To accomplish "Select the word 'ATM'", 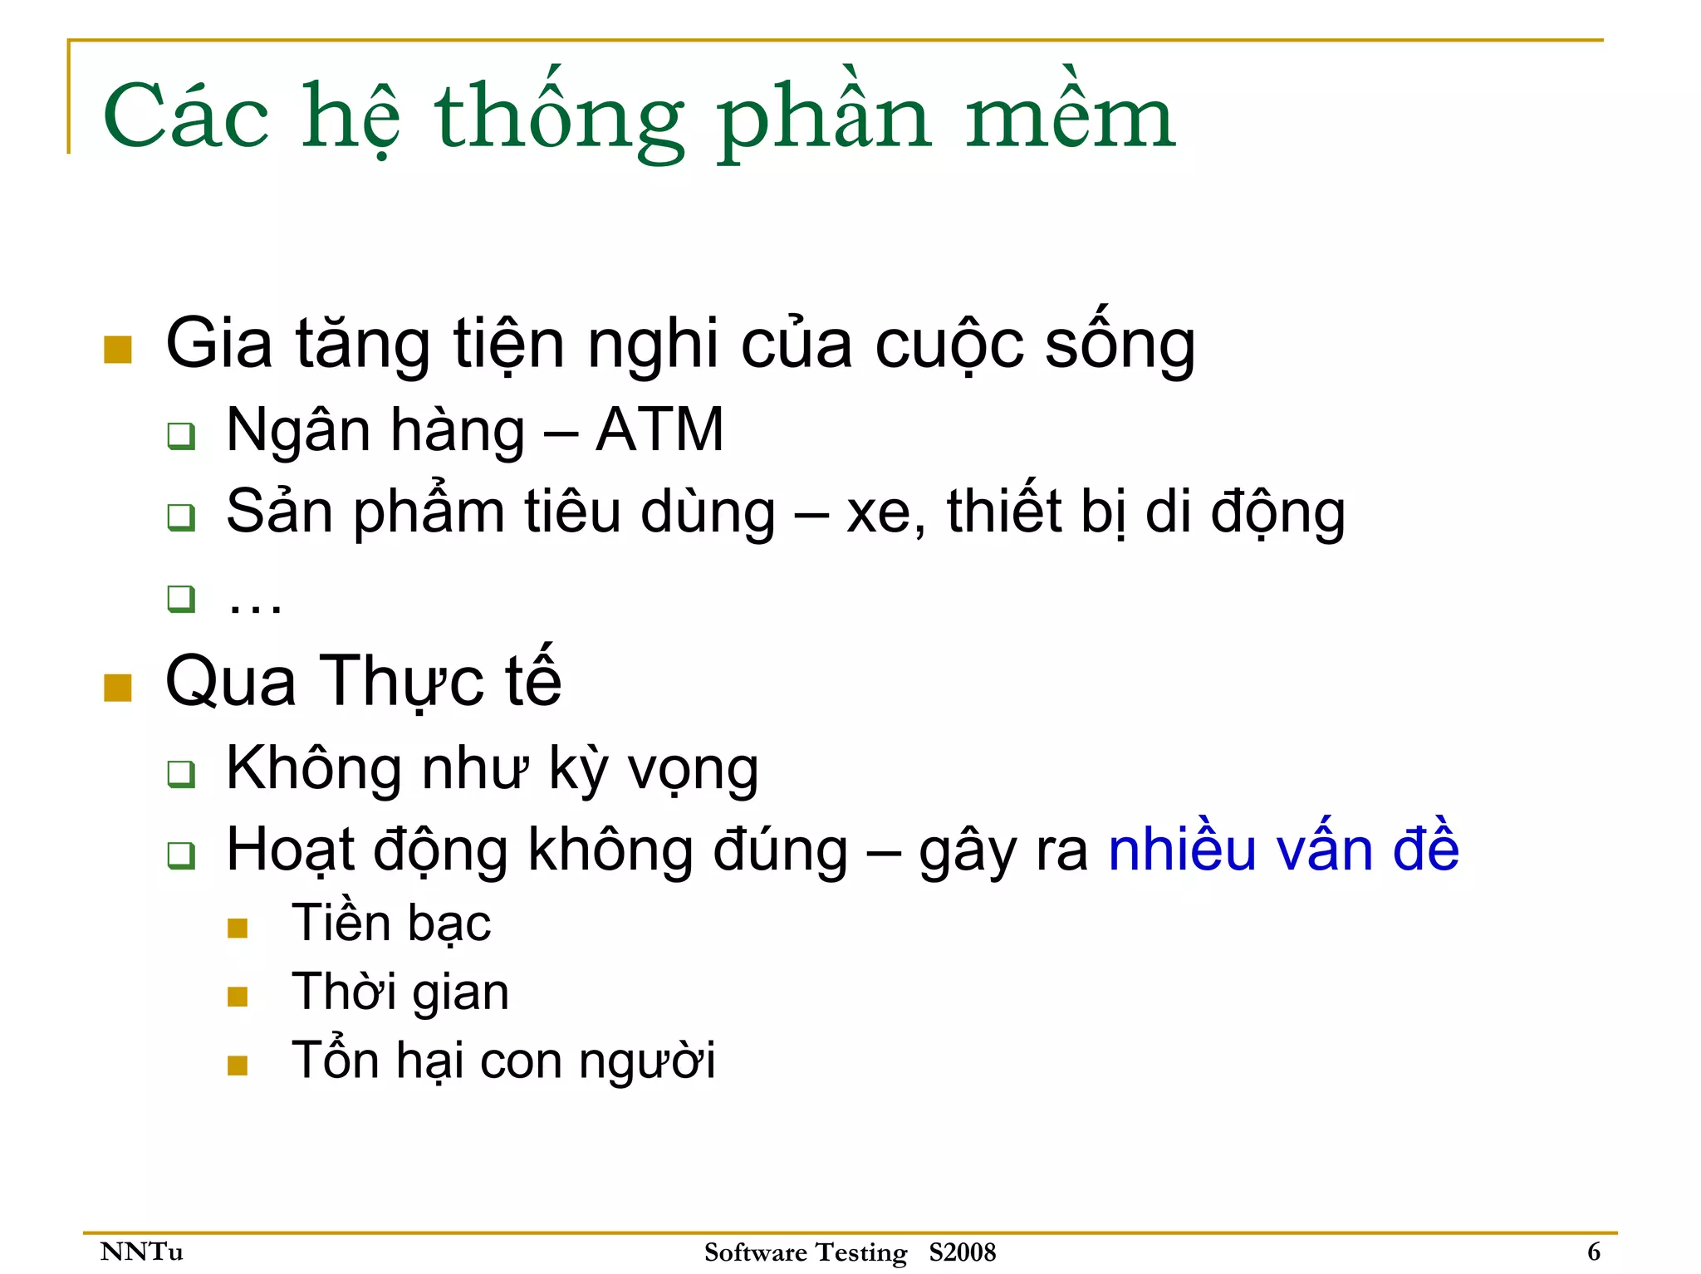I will (659, 430).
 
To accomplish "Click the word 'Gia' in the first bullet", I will (218, 344).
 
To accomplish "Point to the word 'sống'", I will (1119, 345).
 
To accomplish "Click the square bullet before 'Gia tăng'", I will (118, 350).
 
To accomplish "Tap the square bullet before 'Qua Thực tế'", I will (118, 687).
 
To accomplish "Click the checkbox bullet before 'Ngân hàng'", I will (181, 435).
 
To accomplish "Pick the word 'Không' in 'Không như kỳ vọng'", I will (314, 769).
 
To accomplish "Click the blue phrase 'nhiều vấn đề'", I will (1283, 850).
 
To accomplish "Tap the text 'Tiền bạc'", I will (391, 924).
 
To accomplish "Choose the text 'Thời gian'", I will (400, 992).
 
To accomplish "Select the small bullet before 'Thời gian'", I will (238, 996).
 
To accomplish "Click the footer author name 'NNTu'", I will (141, 1252).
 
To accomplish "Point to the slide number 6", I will (1593, 1252).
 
